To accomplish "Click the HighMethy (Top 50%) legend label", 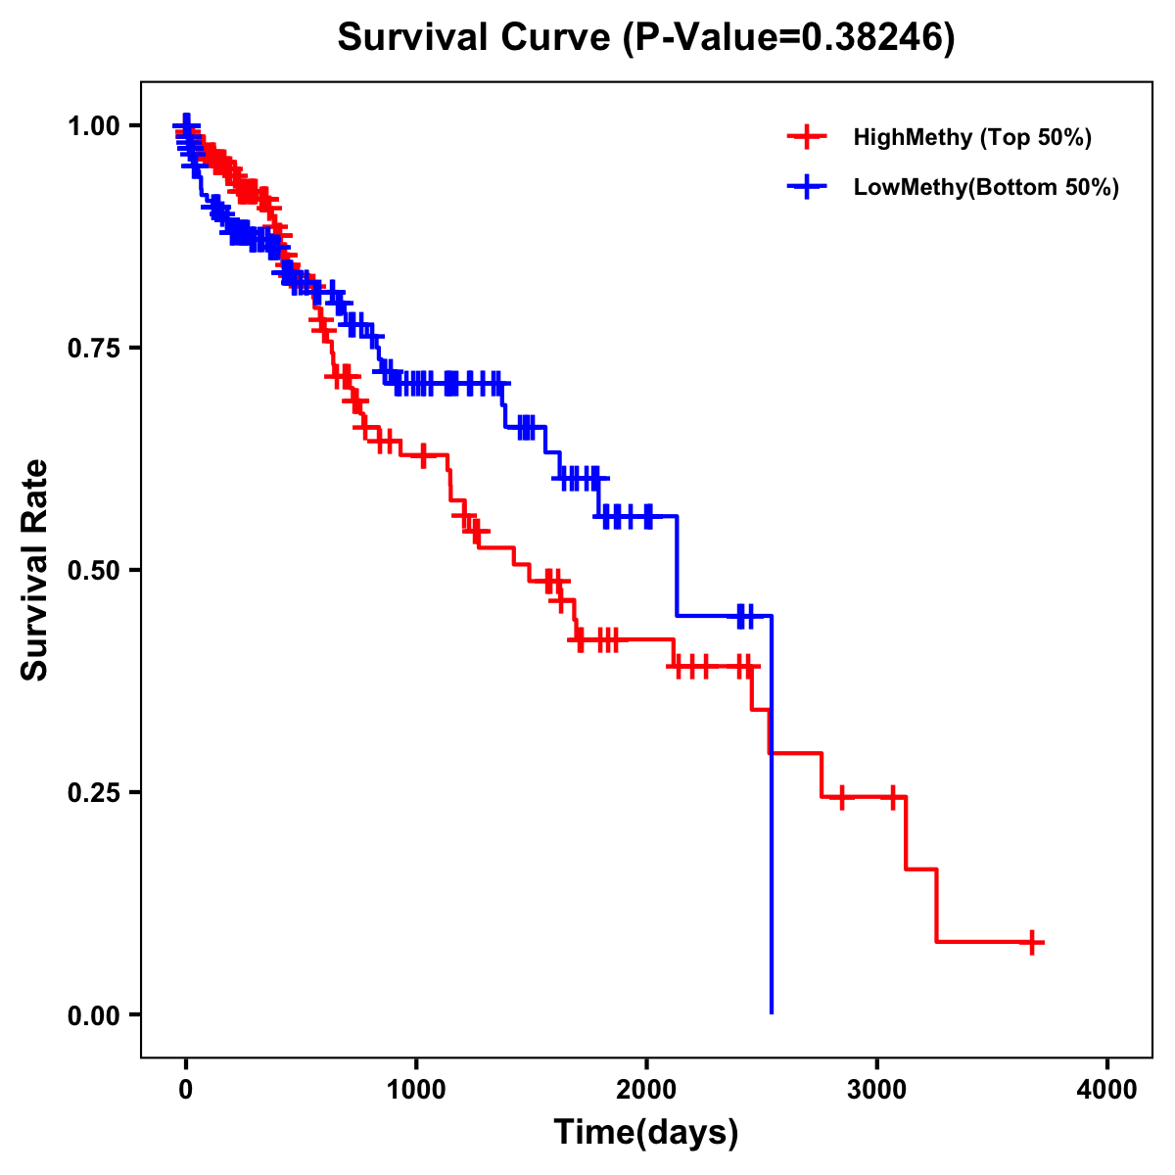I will (x=971, y=137).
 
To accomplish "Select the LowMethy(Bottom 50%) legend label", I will (x=986, y=187).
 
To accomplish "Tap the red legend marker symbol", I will (x=805, y=137).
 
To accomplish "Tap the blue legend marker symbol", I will (x=805, y=187).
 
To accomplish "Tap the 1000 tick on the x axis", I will (x=416, y=1090).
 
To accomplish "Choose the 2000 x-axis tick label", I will (x=646, y=1090).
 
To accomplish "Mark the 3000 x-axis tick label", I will (x=877, y=1090).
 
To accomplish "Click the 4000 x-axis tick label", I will (x=1107, y=1090).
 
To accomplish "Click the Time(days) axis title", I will (x=646, y=1133).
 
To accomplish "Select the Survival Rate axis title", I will (x=36, y=570).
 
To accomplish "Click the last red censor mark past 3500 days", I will (x=1032, y=943).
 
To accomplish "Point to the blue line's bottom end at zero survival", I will (x=772, y=1011).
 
